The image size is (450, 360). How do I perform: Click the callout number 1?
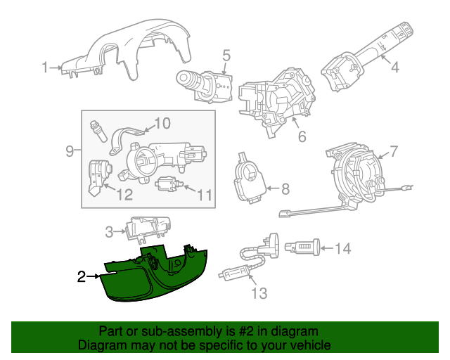(44, 67)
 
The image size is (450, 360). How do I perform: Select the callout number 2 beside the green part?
(82, 277)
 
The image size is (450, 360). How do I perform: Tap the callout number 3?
(109, 231)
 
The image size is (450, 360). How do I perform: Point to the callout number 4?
(395, 67)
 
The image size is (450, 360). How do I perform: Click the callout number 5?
(226, 55)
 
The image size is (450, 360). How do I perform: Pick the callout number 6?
(302, 136)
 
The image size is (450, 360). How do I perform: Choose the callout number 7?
(393, 150)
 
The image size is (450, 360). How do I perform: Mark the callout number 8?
(285, 188)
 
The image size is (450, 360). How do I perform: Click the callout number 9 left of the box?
(70, 150)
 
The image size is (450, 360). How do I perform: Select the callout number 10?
(162, 124)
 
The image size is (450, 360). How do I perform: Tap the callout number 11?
(204, 195)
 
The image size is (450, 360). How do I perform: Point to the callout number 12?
(124, 195)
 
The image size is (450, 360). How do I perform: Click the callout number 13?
(259, 293)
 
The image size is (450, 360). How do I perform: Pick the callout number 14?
(342, 247)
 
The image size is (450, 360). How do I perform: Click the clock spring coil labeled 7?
(355, 172)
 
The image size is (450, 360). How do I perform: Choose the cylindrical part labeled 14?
(304, 247)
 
